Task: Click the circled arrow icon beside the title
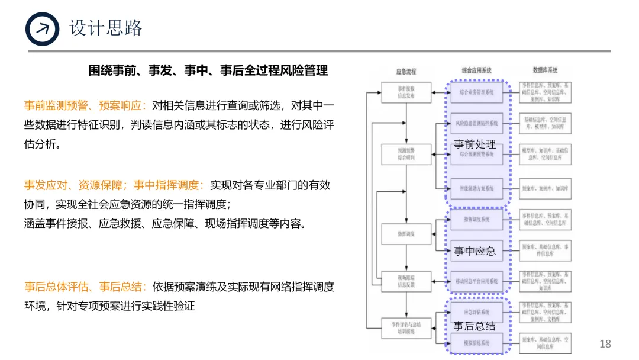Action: (x=43, y=29)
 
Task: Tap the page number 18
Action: (x=605, y=344)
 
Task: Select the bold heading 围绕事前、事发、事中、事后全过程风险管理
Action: (x=208, y=70)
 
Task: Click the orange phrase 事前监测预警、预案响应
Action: (x=85, y=106)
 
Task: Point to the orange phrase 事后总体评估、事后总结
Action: (x=85, y=287)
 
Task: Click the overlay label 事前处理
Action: (x=475, y=144)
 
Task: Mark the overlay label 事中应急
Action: (x=475, y=251)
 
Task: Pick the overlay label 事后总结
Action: (x=475, y=326)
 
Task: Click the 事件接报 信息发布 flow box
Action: (x=406, y=91)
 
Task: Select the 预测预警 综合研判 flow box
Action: (x=406, y=155)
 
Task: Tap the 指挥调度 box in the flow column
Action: (x=406, y=234)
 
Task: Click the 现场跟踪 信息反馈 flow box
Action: (x=406, y=281)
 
